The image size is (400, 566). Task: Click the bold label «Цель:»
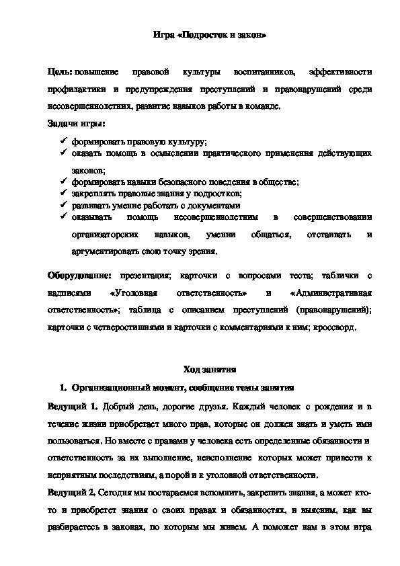pos(60,72)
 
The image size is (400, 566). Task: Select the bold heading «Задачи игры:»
pos(76,123)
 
